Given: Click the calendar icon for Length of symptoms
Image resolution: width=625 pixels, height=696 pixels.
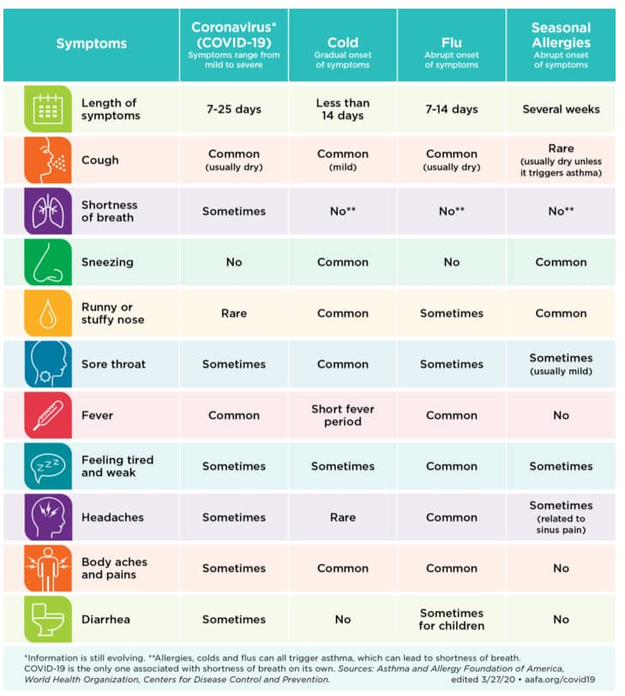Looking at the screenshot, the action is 48,109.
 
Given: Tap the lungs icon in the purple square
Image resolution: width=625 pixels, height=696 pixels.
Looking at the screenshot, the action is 48,211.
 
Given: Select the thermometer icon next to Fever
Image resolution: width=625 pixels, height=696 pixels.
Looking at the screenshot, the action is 48,415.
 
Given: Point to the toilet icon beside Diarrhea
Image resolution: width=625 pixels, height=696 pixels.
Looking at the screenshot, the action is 48,619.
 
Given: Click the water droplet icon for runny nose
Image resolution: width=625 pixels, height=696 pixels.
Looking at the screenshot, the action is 48,313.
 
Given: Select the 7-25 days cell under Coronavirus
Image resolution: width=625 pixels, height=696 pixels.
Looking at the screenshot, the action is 234,109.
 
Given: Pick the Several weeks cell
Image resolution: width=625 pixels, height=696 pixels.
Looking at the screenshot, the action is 561,109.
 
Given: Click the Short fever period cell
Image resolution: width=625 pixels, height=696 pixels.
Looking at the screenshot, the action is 343,415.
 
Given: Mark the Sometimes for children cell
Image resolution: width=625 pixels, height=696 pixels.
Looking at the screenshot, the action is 452,619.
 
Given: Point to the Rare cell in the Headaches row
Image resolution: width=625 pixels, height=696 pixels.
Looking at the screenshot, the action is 343,517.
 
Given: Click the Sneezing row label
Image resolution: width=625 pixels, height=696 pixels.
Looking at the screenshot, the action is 107,262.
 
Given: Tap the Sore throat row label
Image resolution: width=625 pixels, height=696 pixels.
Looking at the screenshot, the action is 114,364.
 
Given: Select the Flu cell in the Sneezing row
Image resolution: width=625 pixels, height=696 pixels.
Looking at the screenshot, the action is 452,262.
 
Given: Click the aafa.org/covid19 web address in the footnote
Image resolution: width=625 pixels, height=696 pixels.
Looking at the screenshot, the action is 560,680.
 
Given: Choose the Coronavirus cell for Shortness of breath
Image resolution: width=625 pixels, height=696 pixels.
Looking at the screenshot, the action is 234,211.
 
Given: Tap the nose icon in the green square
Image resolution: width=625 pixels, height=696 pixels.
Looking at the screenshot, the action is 48,262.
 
